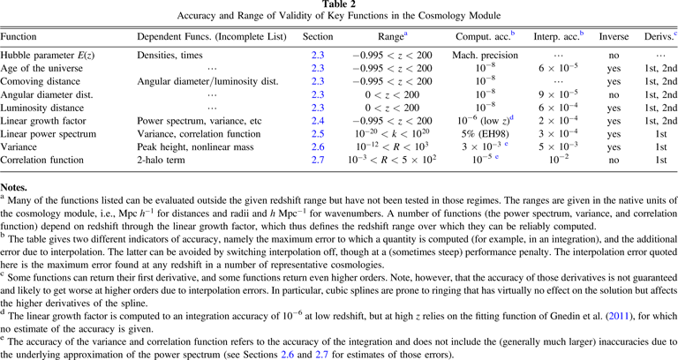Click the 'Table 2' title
tap(339, 5)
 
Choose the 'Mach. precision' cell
tap(485, 55)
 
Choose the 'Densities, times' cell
tap(170, 55)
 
